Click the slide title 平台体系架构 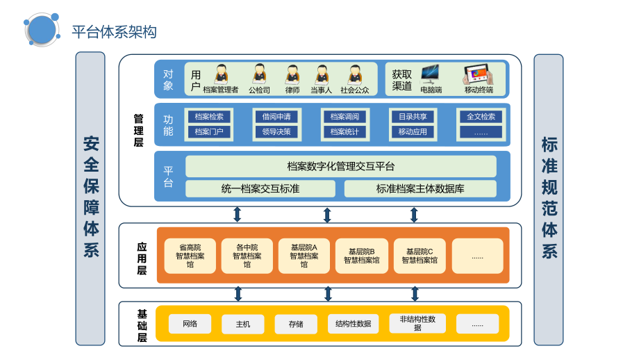114,32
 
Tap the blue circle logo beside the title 42,29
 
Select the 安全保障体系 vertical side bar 90,198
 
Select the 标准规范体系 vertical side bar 549,198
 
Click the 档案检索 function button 209,117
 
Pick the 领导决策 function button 276,131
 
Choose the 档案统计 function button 345,131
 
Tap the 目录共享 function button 413,117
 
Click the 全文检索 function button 481,117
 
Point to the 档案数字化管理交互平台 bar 340,166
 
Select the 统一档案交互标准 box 260,188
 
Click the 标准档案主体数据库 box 420,188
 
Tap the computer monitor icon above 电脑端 430,73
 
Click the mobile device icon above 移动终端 478,73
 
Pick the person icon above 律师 292,74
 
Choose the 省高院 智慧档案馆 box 190,256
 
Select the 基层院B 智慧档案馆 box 361,256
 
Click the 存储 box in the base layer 296,324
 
